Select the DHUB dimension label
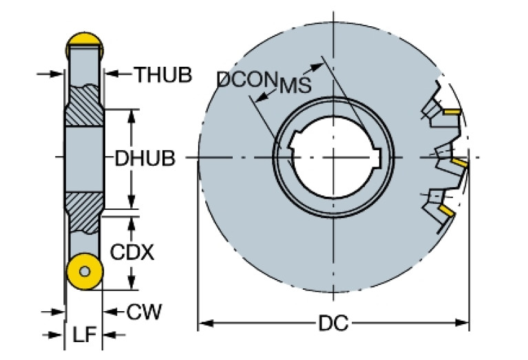145,158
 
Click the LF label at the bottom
83,335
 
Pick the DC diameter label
333,322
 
